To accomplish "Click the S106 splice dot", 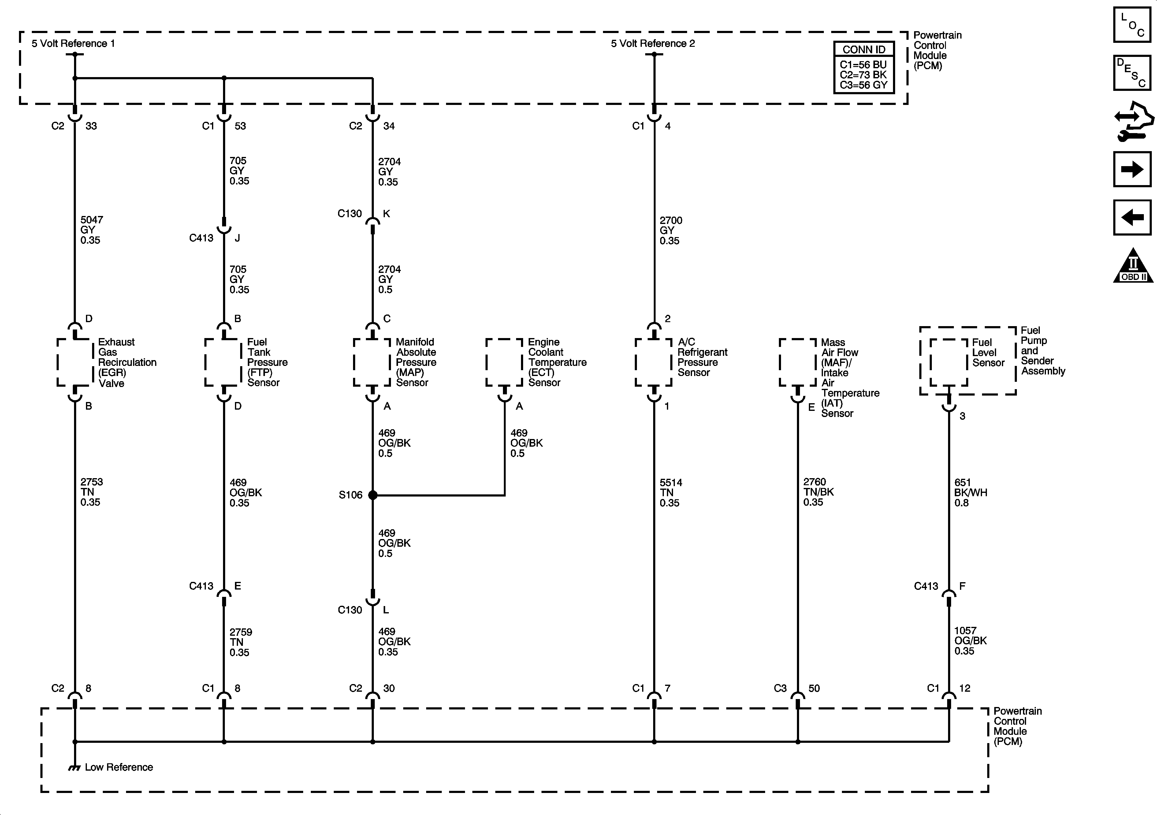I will point(373,495).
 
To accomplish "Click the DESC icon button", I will point(1132,73).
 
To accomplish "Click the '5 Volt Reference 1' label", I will point(73,43).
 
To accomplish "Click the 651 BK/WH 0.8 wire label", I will point(970,493).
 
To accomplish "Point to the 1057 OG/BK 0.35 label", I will point(970,641).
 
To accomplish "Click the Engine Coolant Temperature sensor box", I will point(504,363).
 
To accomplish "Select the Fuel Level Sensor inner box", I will point(948,363).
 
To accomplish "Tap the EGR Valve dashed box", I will point(75,363).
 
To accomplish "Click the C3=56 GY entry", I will point(863,85).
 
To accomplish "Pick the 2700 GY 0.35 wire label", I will point(670,230).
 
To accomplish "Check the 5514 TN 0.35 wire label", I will point(670,493).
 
